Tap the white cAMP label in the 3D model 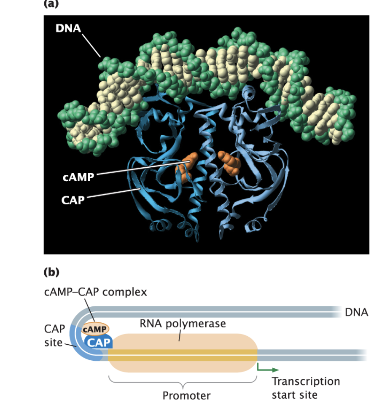coord(78,178)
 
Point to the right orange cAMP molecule coord(230,163)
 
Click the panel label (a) coord(51,5)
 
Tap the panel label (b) coord(51,272)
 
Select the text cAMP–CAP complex coord(96,292)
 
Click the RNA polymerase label coord(183,324)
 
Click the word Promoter coord(186,395)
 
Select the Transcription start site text coord(305,388)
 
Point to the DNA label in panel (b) coord(356,312)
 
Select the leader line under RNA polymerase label coord(180,335)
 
